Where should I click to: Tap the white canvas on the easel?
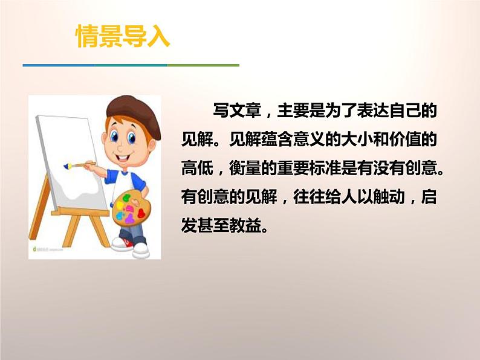[x=66, y=157]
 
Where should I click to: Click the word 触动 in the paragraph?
[x=386, y=197]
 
